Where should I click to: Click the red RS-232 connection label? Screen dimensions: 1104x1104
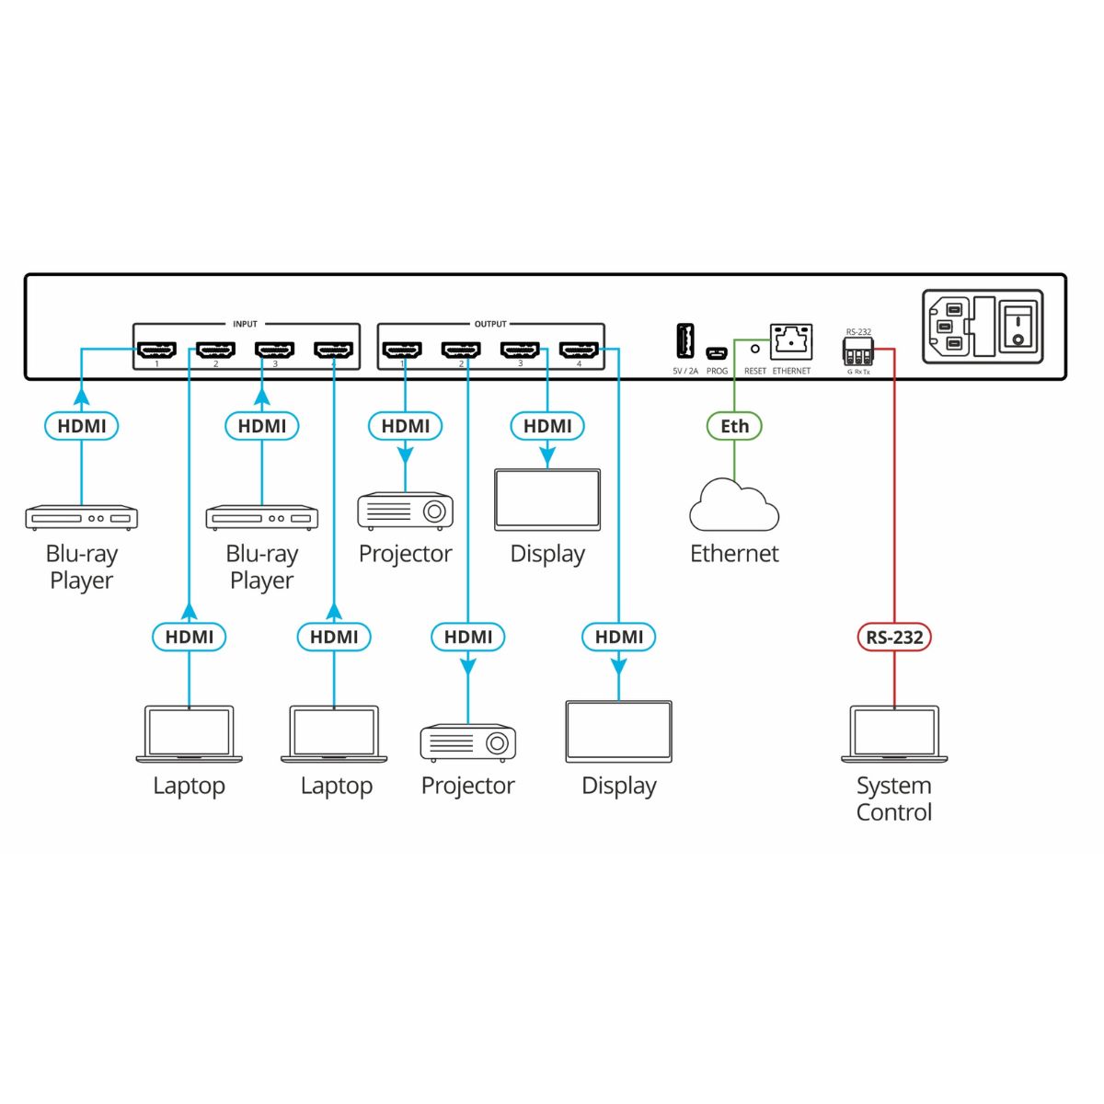click(894, 637)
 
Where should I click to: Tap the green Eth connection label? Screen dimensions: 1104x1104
click(734, 426)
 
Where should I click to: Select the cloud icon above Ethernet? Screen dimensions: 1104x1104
click(734, 506)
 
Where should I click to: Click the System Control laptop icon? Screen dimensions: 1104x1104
click(894, 734)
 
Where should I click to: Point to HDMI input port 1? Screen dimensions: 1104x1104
click(156, 351)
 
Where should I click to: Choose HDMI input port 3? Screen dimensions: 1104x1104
click(274, 351)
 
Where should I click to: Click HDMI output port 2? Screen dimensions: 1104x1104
click(461, 351)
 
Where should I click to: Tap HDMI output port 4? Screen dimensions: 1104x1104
click(579, 351)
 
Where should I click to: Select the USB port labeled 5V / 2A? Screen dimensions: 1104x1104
click(685, 341)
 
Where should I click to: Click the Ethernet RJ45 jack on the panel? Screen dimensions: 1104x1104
click(791, 341)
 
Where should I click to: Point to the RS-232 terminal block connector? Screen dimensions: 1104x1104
click(857, 351)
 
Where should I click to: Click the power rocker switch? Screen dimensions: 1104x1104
click(1018, 328)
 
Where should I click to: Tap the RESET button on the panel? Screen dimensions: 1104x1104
click(755, 350)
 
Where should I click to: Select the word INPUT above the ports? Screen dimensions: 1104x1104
click(245, 324)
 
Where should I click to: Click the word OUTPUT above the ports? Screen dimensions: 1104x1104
click(490, 324)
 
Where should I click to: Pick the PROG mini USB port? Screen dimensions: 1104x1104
click(717, 352)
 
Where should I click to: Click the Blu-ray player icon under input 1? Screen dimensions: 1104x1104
click(82, 518)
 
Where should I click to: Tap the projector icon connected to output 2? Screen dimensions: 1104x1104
click(468, 742)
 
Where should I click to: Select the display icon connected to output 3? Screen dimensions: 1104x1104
click(547, 500)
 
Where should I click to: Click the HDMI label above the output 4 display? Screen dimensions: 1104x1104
click(619, 637)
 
